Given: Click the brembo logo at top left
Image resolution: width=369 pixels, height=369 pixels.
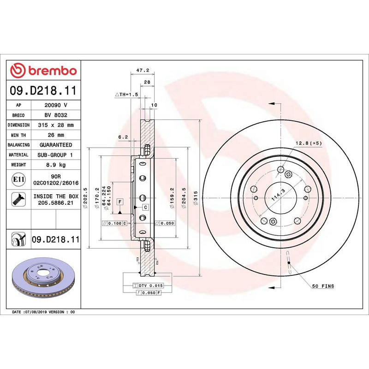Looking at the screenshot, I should (43, 71).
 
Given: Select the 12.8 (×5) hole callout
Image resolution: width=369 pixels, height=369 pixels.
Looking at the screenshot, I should (309, 143).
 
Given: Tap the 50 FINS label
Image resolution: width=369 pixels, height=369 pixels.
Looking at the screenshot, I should (322, 286).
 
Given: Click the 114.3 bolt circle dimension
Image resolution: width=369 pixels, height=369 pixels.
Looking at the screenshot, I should (278, 196).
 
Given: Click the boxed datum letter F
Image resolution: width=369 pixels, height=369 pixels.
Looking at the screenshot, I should (120, 202).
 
